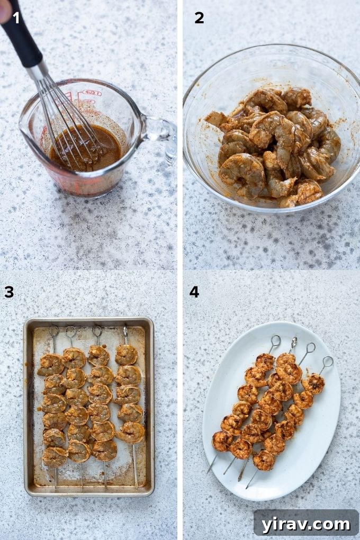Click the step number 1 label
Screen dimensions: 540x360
click(16, 18)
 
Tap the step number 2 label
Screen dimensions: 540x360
click(199, 18)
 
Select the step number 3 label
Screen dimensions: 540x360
click(9, 291)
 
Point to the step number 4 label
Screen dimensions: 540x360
click(194, 291)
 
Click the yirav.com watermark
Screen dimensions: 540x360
click(306, 524)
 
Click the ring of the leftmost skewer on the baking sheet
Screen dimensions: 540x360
click(53, 331)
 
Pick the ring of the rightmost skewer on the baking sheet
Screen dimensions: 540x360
click(125, 331)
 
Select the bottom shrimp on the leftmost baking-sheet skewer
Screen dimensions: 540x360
click(55, 456)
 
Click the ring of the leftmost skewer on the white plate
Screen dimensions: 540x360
click(275, 340)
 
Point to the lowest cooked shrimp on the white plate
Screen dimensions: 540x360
click(264, 460)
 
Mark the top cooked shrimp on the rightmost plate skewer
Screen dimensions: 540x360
click(314, 383)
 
